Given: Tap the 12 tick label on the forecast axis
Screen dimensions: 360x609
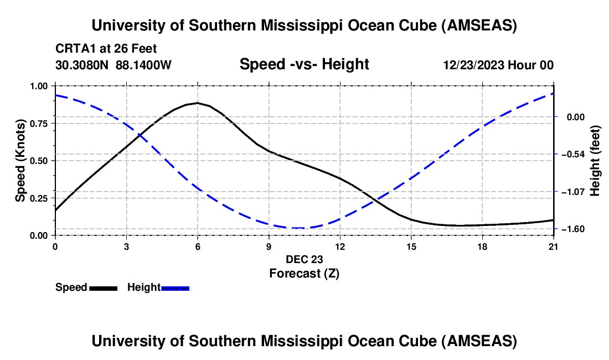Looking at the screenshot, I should pyautogui.click(x=340, y=247).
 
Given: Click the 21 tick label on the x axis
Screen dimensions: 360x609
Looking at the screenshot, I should pyautogui.click(x=554, y=247).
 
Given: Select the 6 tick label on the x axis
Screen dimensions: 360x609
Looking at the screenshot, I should pyautogui.click(x=198, y=247).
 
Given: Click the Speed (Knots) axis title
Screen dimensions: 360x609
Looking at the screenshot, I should pyautogui.click(x=20, y=161).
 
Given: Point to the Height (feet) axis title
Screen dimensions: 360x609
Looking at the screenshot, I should pyautogui.click(x=596, y=161).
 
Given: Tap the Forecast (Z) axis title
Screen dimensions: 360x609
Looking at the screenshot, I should pyautogui.click(x=304, y=273).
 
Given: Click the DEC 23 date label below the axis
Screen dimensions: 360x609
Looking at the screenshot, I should pyautogui.click(x=304, y=259).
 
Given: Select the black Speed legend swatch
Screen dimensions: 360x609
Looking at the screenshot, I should pyautogui.click(x=103, y=288).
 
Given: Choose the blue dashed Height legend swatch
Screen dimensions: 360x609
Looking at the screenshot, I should pyautogui.click(x=175, y=288).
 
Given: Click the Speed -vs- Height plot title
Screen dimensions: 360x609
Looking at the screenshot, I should pyautogui.click(x=304, y=65).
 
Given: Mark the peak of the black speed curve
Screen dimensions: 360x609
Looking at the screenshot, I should pyautogui.click(x=198, y=103).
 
